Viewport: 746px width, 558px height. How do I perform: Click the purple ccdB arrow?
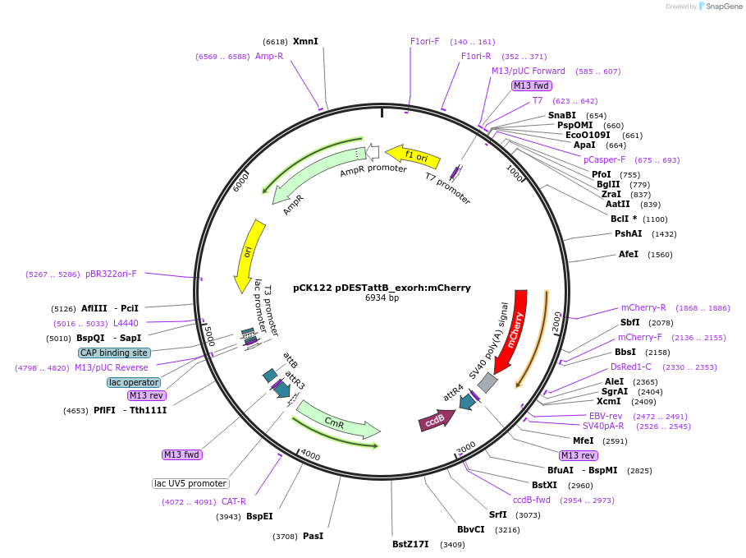click(x=436, y=420)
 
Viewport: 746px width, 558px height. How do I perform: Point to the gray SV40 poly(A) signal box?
click(x=487, y=382)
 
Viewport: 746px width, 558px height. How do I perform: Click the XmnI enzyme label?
click(x=305, y=41)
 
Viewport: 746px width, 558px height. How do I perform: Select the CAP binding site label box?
click(x=114, y=353)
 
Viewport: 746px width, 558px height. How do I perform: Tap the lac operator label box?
click(x=134, y=382)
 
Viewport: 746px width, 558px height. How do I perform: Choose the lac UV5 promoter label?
click(x=190, y=483)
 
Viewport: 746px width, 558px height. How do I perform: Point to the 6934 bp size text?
click(x=382, y=298)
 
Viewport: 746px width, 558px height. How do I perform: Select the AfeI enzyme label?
click(x=629, y=254)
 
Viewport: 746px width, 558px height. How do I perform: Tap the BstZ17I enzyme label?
click(x=410, y=544)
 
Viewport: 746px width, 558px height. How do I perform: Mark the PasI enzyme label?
click(x=313, y=536)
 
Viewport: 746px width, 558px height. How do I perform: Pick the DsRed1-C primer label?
click(x=630, y=367)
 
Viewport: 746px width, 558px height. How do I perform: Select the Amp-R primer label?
click(x=269, y=57)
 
